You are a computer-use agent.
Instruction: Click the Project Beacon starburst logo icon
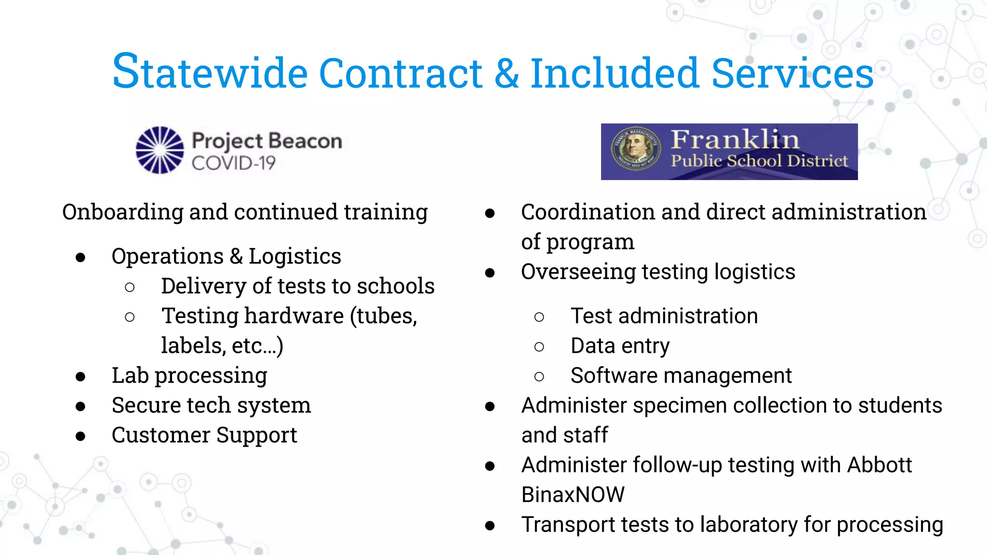point(160,150)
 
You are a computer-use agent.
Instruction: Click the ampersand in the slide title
point(507,74)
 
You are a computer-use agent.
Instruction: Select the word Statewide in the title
point(210,72)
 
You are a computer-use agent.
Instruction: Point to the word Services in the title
point(792,74)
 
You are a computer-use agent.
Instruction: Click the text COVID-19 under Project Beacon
point(233,163)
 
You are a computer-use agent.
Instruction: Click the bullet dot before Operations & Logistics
point(80,257)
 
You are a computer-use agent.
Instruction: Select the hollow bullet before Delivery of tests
point(130,287)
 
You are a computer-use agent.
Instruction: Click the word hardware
point(294,316)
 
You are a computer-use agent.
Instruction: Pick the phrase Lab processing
point(189,376)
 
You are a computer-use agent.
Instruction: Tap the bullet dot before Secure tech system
point(80,407)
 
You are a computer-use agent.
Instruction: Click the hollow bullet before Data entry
point(539,347)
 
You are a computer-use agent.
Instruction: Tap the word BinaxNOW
point(573,495)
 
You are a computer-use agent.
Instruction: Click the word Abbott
point(879,465)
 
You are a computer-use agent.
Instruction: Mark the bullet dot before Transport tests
point(490,526)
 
